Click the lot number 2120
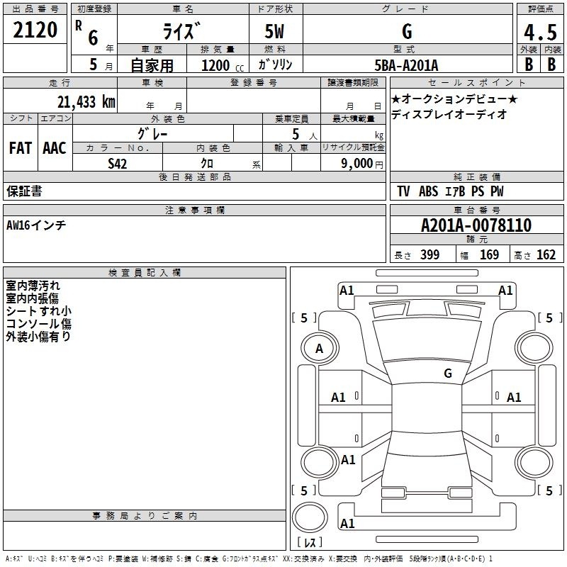pos(35,30)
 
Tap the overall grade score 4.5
pos(540,32)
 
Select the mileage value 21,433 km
pos(86,102)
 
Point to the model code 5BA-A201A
pos(406,66)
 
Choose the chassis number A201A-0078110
pos(476,225)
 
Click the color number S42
pos(118,164)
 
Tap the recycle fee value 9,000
pos(357,164)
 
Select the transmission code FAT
pos(21,148)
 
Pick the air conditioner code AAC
pos(55,148)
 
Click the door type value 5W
pos(274,31)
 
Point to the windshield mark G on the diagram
pos(448,374)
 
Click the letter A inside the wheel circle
pos(319,349)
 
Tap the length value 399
pos(430,254)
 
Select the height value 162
pos(546,254)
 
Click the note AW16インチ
pos(36,225)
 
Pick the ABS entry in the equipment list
pos(429,191)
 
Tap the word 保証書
pos(24,191)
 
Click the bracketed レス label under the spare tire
pos(310,541)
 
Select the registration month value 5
pos(94,64)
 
